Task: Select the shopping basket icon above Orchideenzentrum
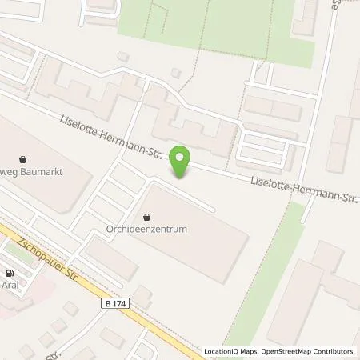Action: coord(147,216)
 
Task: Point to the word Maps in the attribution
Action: coord(249,351)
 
